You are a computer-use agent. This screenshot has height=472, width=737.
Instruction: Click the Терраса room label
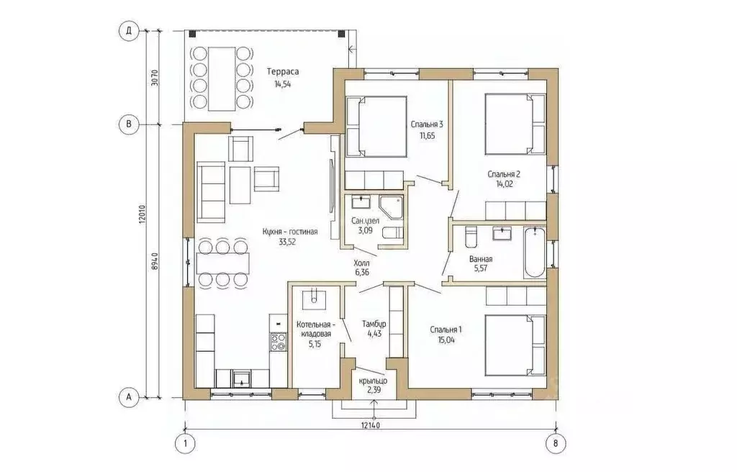pyautogui.click(x=283, y=72)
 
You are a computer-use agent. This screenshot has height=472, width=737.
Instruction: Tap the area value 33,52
pyautogui.click(x=286, y=242)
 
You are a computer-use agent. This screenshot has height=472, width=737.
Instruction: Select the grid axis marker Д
pyautogui.click(x=128, y=32)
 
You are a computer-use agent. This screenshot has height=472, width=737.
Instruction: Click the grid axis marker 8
pyautogui.click(x=556, y=443)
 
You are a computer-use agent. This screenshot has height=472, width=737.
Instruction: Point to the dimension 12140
pyautogui.click(x=371, y=425)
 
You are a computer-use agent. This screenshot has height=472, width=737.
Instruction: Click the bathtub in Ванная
pyautogui.click(x=535, y=253)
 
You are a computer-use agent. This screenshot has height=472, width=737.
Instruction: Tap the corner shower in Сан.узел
pyautogui.click(x=392, y=208)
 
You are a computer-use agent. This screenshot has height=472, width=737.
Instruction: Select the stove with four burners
pyautogui.click(x=279, y=341)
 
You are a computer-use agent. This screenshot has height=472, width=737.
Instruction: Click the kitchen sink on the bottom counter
pyautogui.click(x=242, y=377)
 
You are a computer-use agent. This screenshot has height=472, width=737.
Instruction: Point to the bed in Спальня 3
pyautogui.click(x=376, y=127)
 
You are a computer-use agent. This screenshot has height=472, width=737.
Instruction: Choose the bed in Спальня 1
pyautogui.click(x=515, y=345)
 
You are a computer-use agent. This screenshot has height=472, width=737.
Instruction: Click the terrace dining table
pyautogui.click(x=222, y=78)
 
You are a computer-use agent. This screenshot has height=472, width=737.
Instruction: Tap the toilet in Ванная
pyautogui.click(x=471, y=237)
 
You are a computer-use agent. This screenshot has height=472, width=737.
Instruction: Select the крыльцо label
pyautogui.click(x=374, y=381)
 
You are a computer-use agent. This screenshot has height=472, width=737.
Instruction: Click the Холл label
pyautogui.click(x=361, y=263)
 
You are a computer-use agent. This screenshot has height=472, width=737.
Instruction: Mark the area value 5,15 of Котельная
pyautogui.click(x=314, y=344)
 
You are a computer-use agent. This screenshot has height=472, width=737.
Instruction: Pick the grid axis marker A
pyautogui.click(x=128, y=397)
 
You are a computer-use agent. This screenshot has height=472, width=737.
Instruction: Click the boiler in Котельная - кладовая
pyautogui.click(x=313, y=298)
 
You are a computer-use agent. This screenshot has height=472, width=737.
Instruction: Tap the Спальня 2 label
pyautogui.click(x=504, y=174)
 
